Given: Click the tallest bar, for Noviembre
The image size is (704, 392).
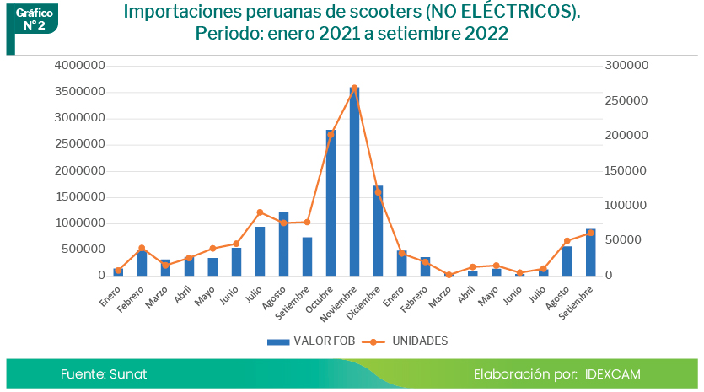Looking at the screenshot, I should click(354, 181).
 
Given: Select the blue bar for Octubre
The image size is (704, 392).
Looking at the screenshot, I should click(331, 202).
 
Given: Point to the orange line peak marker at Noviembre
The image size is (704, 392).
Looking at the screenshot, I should click(354, 88).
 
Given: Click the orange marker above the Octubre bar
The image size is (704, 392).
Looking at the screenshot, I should click(331, 134).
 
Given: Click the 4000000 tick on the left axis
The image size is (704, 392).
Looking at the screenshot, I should click(78, 65).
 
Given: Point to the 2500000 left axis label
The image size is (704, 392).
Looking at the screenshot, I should click(78, 144).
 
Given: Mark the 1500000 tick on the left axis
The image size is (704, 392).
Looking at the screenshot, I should click(78, 196).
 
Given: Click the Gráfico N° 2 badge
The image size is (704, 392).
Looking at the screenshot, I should click(34, 19).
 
